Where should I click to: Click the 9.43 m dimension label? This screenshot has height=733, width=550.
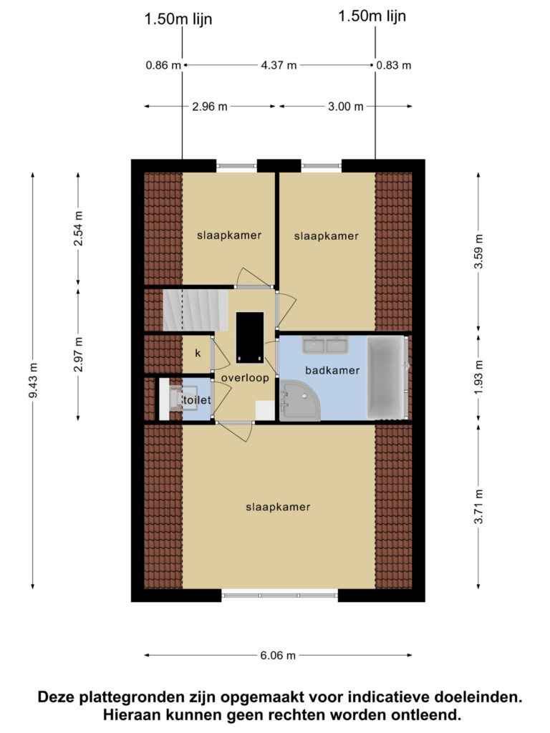(x=33, y=381)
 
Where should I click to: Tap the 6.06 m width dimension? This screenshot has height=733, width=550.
(x=278, y=656)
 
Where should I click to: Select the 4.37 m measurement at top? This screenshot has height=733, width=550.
(x=279, y=65)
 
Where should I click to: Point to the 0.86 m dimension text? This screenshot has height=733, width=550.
(x=163, y=65)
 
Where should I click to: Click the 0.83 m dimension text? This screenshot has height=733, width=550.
(x=394, y=65)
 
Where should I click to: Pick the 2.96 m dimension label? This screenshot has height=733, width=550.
(x=210, y=107)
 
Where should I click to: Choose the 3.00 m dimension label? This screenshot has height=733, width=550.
(x=346, y=107)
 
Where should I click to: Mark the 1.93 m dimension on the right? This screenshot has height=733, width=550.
(x=478, y=377)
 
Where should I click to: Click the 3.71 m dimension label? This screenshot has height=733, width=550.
(x=478, y=507)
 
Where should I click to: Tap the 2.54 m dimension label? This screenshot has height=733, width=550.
(x=79, y=228)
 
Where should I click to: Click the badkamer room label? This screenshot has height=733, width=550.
(x=332, y=371)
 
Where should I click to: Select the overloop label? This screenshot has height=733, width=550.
(x=245, y=378)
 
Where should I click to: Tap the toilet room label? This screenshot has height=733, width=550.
(x=197, y=400)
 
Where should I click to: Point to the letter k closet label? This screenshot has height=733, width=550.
(x=198, y=353)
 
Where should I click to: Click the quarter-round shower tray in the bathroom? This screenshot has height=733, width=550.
(x=300, y=401)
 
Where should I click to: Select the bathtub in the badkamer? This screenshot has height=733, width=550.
(x=385, y=377)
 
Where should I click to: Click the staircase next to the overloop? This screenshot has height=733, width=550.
(x=196, y=310)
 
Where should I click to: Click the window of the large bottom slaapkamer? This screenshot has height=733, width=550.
(x=280, y=596)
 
